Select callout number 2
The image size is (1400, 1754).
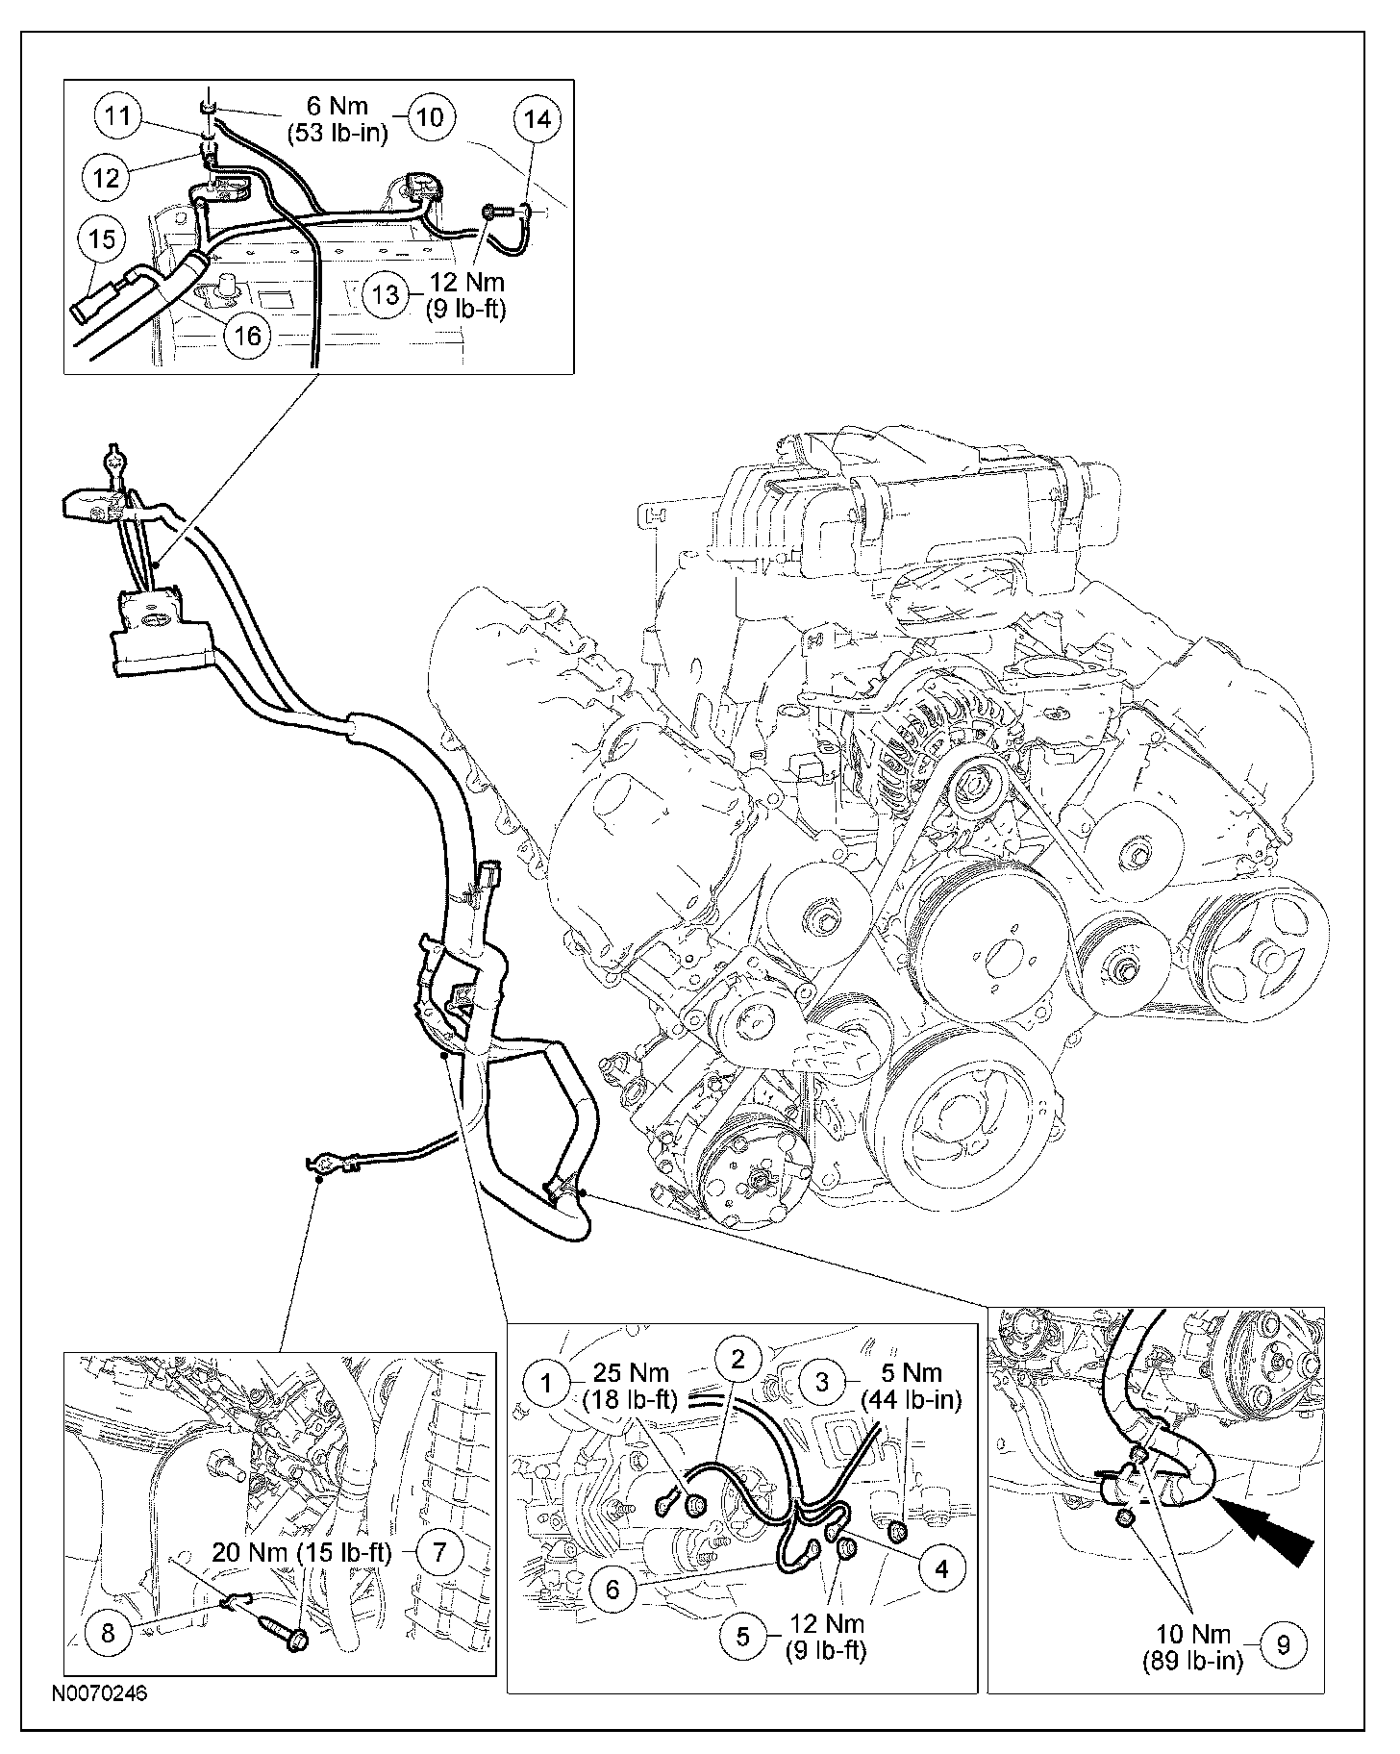tap(737, 1359)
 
